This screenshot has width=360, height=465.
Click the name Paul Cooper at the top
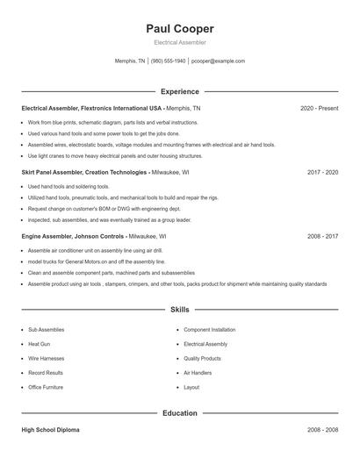point(180,29)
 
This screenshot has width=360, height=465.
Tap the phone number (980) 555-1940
point(169,61)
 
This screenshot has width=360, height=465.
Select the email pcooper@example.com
point(218,61)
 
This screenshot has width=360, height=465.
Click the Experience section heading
point(180,91)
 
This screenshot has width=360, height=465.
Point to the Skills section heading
point(180,310)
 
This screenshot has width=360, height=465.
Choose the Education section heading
point(180,412)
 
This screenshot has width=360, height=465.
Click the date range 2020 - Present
point(319,108)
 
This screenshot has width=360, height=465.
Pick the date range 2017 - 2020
point(322,173)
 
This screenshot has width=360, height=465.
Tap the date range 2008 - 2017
point(322,237)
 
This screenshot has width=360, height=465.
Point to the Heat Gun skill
point(40,344)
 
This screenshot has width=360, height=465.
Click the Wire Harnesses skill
point(46,359)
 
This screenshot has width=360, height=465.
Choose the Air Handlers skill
point(198,373)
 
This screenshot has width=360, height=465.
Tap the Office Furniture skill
point(46,387)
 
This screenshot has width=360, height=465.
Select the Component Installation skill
point(210,330)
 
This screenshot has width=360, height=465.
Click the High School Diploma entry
point(52,431)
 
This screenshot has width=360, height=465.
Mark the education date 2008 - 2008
point(322,431)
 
